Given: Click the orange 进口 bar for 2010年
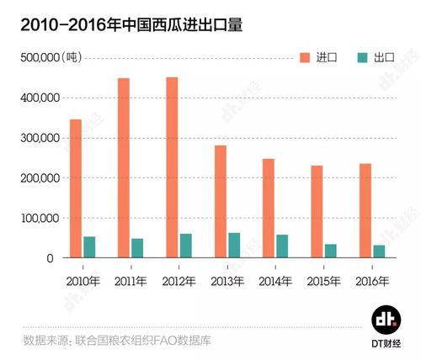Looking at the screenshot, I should tap(76, 188).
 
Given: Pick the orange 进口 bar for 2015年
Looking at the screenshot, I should tap(317, 211).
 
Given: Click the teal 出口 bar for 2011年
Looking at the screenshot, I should tap(137, 248).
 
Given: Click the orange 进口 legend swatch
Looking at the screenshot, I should tap(306, 57).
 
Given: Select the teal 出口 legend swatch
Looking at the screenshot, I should tap(363, 57).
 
